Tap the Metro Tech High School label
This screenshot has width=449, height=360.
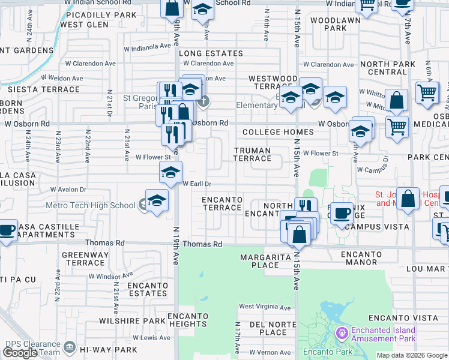(x=91, y=205)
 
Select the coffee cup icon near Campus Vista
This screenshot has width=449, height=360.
(x=342, y=212)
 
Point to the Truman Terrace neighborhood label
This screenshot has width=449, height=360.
(x=252, y=154)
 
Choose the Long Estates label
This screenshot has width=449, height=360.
(x=211, y=53)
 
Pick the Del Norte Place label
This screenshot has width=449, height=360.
(x=270, y=328)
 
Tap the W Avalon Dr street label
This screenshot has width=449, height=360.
(x=68, y=189)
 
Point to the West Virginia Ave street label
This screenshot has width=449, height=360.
(x=265, y=307)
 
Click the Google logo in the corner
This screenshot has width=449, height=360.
(x=20, y=353)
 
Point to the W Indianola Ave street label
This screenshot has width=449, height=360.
(x=148, y=47)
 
